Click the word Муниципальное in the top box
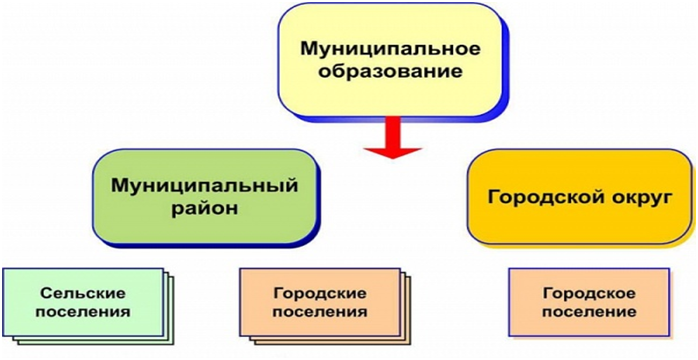coord(390,49)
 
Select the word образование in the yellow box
coord(390,72)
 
